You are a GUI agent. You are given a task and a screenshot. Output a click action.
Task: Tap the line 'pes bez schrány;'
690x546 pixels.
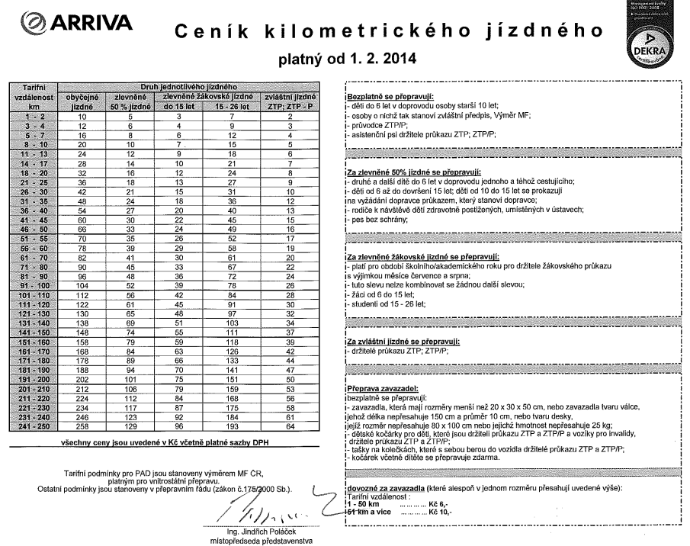coord(375,220)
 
